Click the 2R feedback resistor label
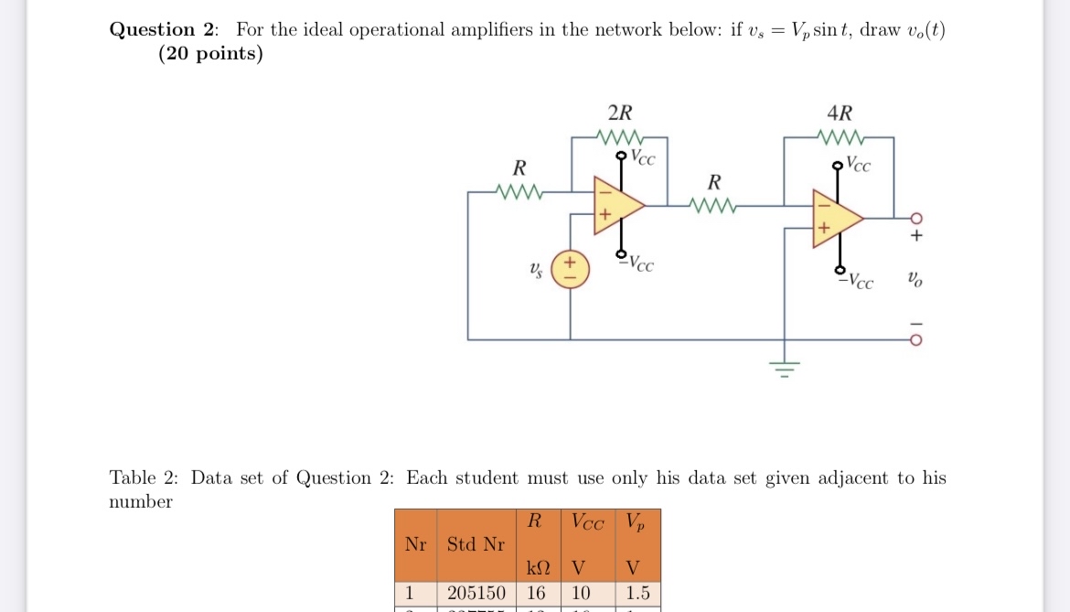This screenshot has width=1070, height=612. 619,113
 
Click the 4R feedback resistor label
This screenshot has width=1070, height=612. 839,113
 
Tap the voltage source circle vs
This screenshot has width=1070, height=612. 571,270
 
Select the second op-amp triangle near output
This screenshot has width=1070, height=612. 836,219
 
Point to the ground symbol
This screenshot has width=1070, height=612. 783,369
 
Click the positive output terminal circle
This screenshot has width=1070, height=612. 916,219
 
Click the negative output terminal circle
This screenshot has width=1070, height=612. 916,339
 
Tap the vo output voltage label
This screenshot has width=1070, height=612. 915,278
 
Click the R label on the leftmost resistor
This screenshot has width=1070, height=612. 519,169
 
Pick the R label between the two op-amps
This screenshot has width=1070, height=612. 714,180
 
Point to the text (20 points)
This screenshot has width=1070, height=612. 210,53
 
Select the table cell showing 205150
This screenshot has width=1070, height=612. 476,593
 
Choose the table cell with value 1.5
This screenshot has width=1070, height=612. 637,593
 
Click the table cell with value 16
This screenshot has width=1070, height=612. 536,593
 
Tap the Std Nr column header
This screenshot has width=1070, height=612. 476,544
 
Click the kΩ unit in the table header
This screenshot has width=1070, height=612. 536,566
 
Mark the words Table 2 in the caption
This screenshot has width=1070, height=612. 144,478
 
